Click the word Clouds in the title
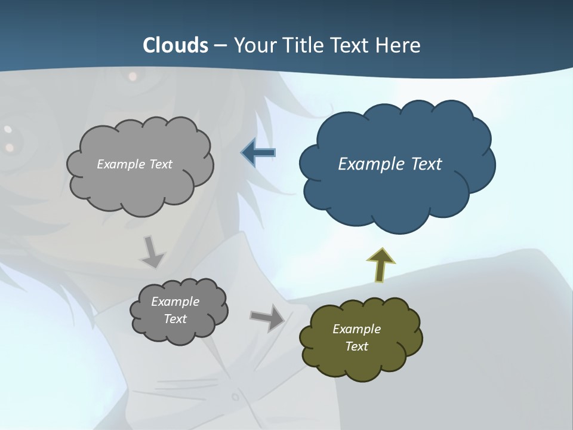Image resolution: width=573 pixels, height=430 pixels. point(175,45)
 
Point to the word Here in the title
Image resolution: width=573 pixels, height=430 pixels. point(398,45)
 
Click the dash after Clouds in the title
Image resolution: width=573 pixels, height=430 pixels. point(221,46)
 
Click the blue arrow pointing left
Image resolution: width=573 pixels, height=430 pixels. point(258,153)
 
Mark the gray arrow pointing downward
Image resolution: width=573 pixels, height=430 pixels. point(152,251)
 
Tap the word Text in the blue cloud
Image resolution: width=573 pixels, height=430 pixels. point(426,164)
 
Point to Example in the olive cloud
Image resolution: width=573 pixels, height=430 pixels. point(356,329)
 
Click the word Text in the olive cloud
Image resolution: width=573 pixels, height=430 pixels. point(356,346)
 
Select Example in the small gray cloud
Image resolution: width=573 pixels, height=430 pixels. point(175,302)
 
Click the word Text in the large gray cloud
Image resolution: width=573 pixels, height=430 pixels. point(159,164)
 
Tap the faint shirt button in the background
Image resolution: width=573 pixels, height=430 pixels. point(235,396)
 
